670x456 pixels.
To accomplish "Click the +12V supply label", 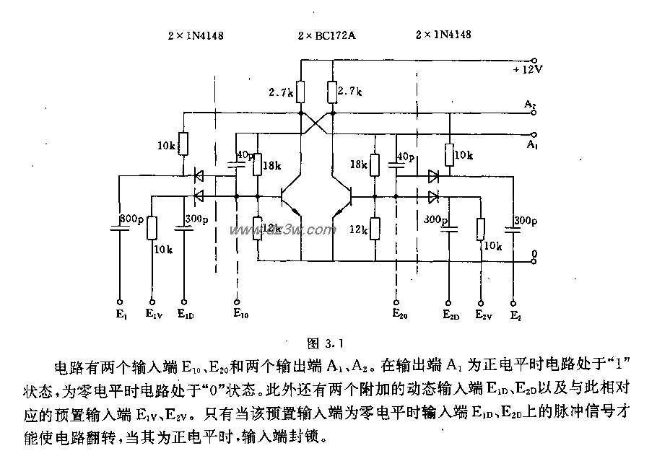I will (x=528, y=71).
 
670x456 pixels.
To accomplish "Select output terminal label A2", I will (x=531, y=105).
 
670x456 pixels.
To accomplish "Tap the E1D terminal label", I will (x=185, y=315).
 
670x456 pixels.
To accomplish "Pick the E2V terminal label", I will (x=483, y=315).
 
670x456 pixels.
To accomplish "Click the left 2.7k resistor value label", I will (x=281, y=92).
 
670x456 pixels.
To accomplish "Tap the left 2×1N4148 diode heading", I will (x=198, y=35).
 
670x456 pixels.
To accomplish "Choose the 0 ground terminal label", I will (x=533, y=253).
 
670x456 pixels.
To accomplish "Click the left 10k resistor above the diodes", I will (x=183, y=144).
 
